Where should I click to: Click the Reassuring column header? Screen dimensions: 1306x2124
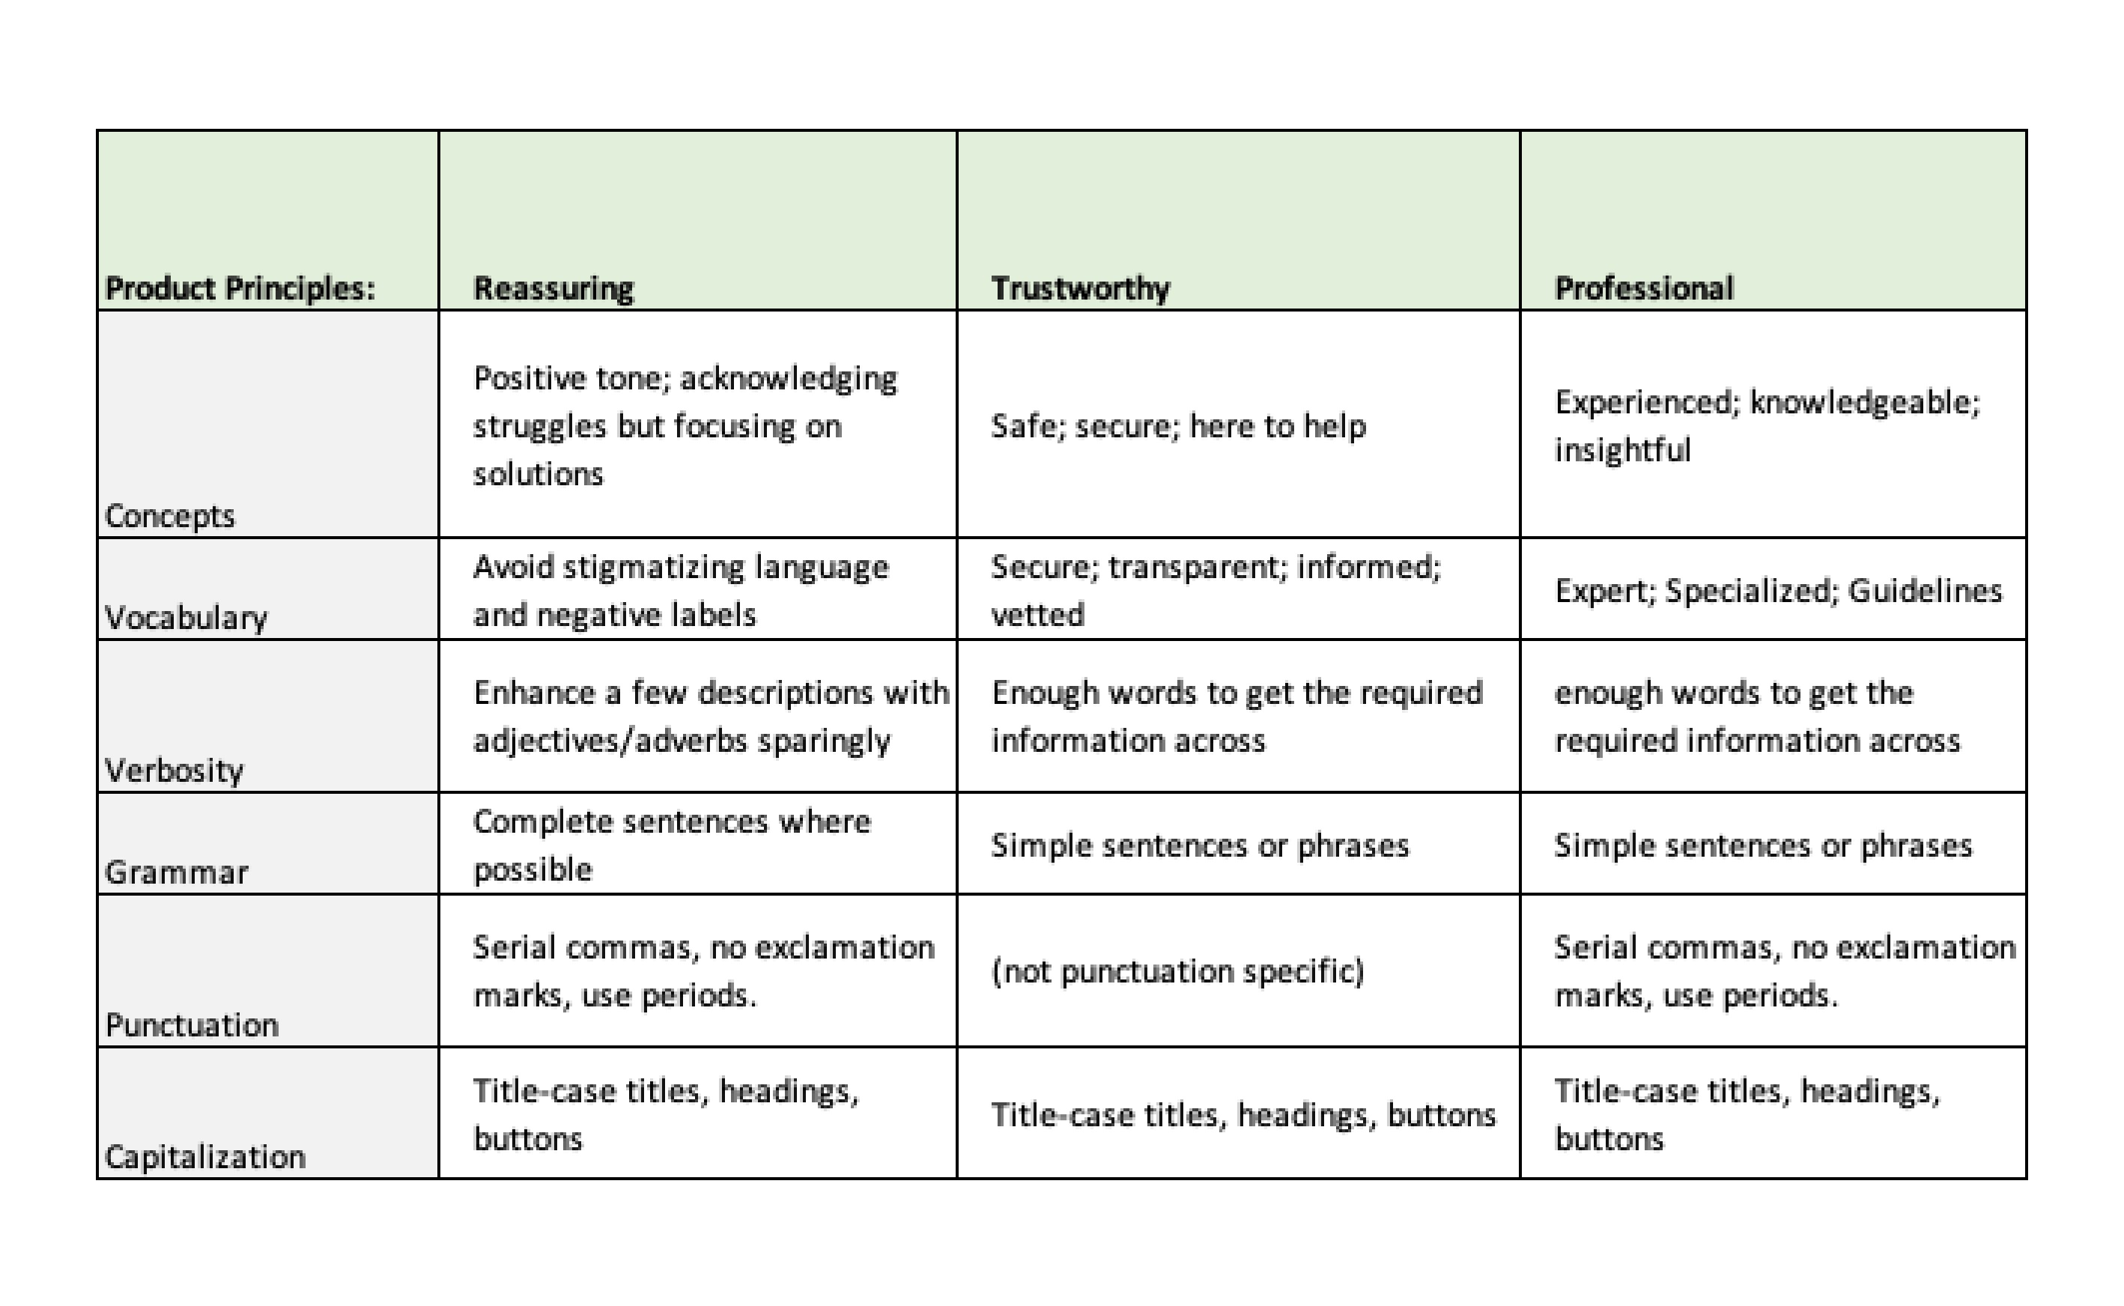553,288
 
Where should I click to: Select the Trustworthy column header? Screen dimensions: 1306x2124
1080,288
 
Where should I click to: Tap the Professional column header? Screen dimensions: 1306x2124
1643,288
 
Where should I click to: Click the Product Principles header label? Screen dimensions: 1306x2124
240,288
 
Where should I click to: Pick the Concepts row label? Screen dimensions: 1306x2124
169,516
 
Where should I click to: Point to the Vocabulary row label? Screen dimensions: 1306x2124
186,618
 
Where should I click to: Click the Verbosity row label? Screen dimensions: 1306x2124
174,770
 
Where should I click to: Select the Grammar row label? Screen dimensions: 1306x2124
176,872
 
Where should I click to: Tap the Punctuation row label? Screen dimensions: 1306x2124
192,1025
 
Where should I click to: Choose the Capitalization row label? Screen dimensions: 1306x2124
204,1156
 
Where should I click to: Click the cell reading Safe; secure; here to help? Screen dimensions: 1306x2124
1178,426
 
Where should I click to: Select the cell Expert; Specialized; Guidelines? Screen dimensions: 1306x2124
1778,591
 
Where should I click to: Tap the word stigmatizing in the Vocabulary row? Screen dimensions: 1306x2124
653,568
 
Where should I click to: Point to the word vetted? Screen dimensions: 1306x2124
1037,615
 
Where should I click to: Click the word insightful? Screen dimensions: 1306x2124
1622,450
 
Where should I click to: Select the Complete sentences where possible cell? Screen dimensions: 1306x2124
671,845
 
